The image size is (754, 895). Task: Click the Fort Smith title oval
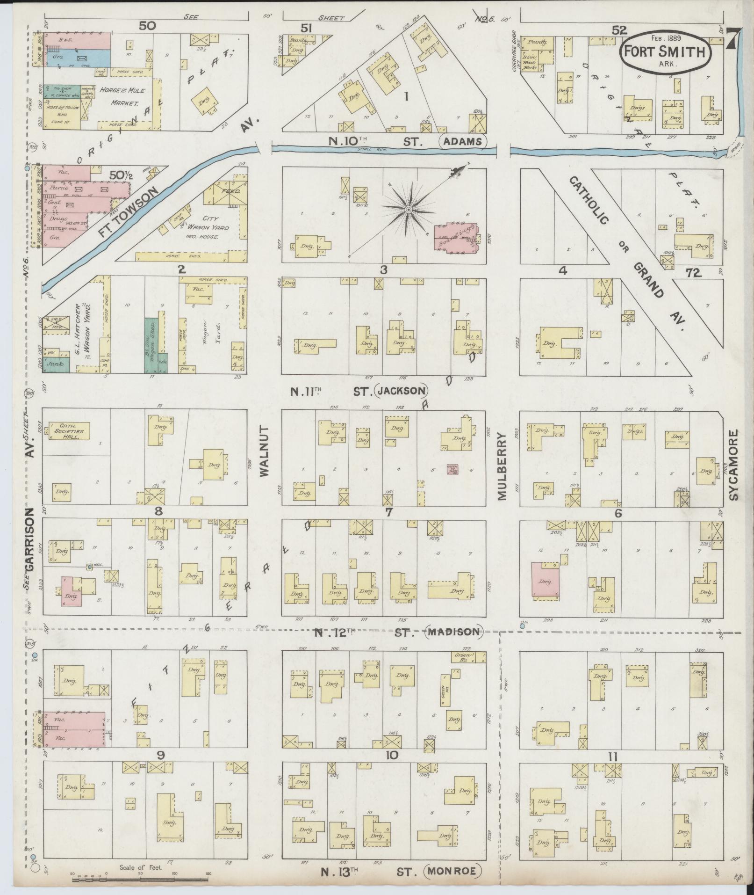click(666, 52)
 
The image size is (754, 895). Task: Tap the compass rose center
click(408, 210)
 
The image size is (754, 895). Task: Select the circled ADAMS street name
click(463, 141)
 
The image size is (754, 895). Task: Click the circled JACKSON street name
click(402, 391)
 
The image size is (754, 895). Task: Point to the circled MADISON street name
click(453, 633)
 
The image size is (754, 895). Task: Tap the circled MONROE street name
click(452, 871)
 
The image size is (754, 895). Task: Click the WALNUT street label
click(265, 451)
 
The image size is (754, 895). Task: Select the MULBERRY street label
click(503, 466)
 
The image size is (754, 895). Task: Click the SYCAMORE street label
click(733, 466)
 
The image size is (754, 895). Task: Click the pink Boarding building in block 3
click(456, 238)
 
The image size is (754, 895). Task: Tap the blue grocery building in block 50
click(77, 58)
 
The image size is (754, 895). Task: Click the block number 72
click(693, 273)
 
